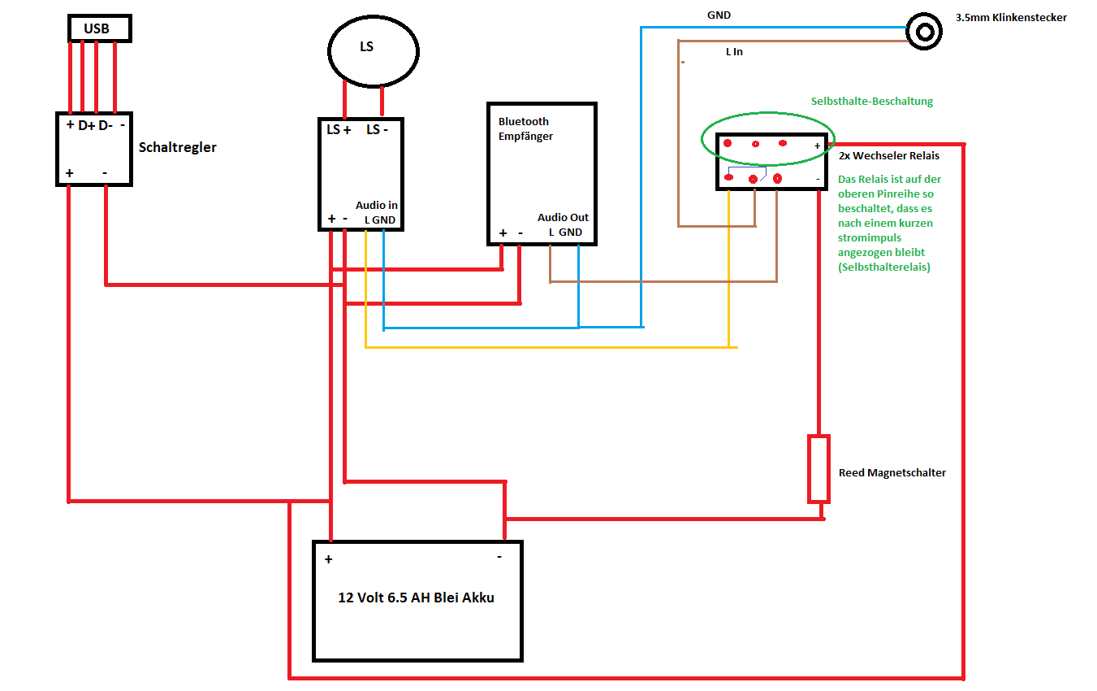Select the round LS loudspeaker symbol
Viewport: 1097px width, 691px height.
pos(373,50)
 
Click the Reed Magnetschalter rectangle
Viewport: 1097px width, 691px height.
pos(818,468)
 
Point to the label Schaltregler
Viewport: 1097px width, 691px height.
pos(178,147)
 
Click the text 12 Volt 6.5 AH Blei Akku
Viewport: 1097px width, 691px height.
pos(416,598)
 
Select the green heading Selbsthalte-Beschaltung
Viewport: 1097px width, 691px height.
pos(872,102)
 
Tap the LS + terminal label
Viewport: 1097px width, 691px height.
pos(339,130)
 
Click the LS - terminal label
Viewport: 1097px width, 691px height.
pos(376,130)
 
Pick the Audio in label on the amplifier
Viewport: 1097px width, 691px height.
pos(377,206)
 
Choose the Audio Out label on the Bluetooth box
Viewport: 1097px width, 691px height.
pos(563,218)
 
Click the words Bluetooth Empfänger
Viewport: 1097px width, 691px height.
pos(525,129)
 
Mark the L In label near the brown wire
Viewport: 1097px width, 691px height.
pos(734,51)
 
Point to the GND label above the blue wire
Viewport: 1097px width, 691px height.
pos(719,15)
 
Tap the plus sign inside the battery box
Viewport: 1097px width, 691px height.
pos(329,559)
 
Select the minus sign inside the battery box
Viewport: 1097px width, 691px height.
pos(499,557)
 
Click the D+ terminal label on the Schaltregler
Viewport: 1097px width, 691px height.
pos(87,126)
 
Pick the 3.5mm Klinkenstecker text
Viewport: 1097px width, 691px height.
pos(1011,17)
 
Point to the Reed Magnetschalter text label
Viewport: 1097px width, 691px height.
pos(892,472)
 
